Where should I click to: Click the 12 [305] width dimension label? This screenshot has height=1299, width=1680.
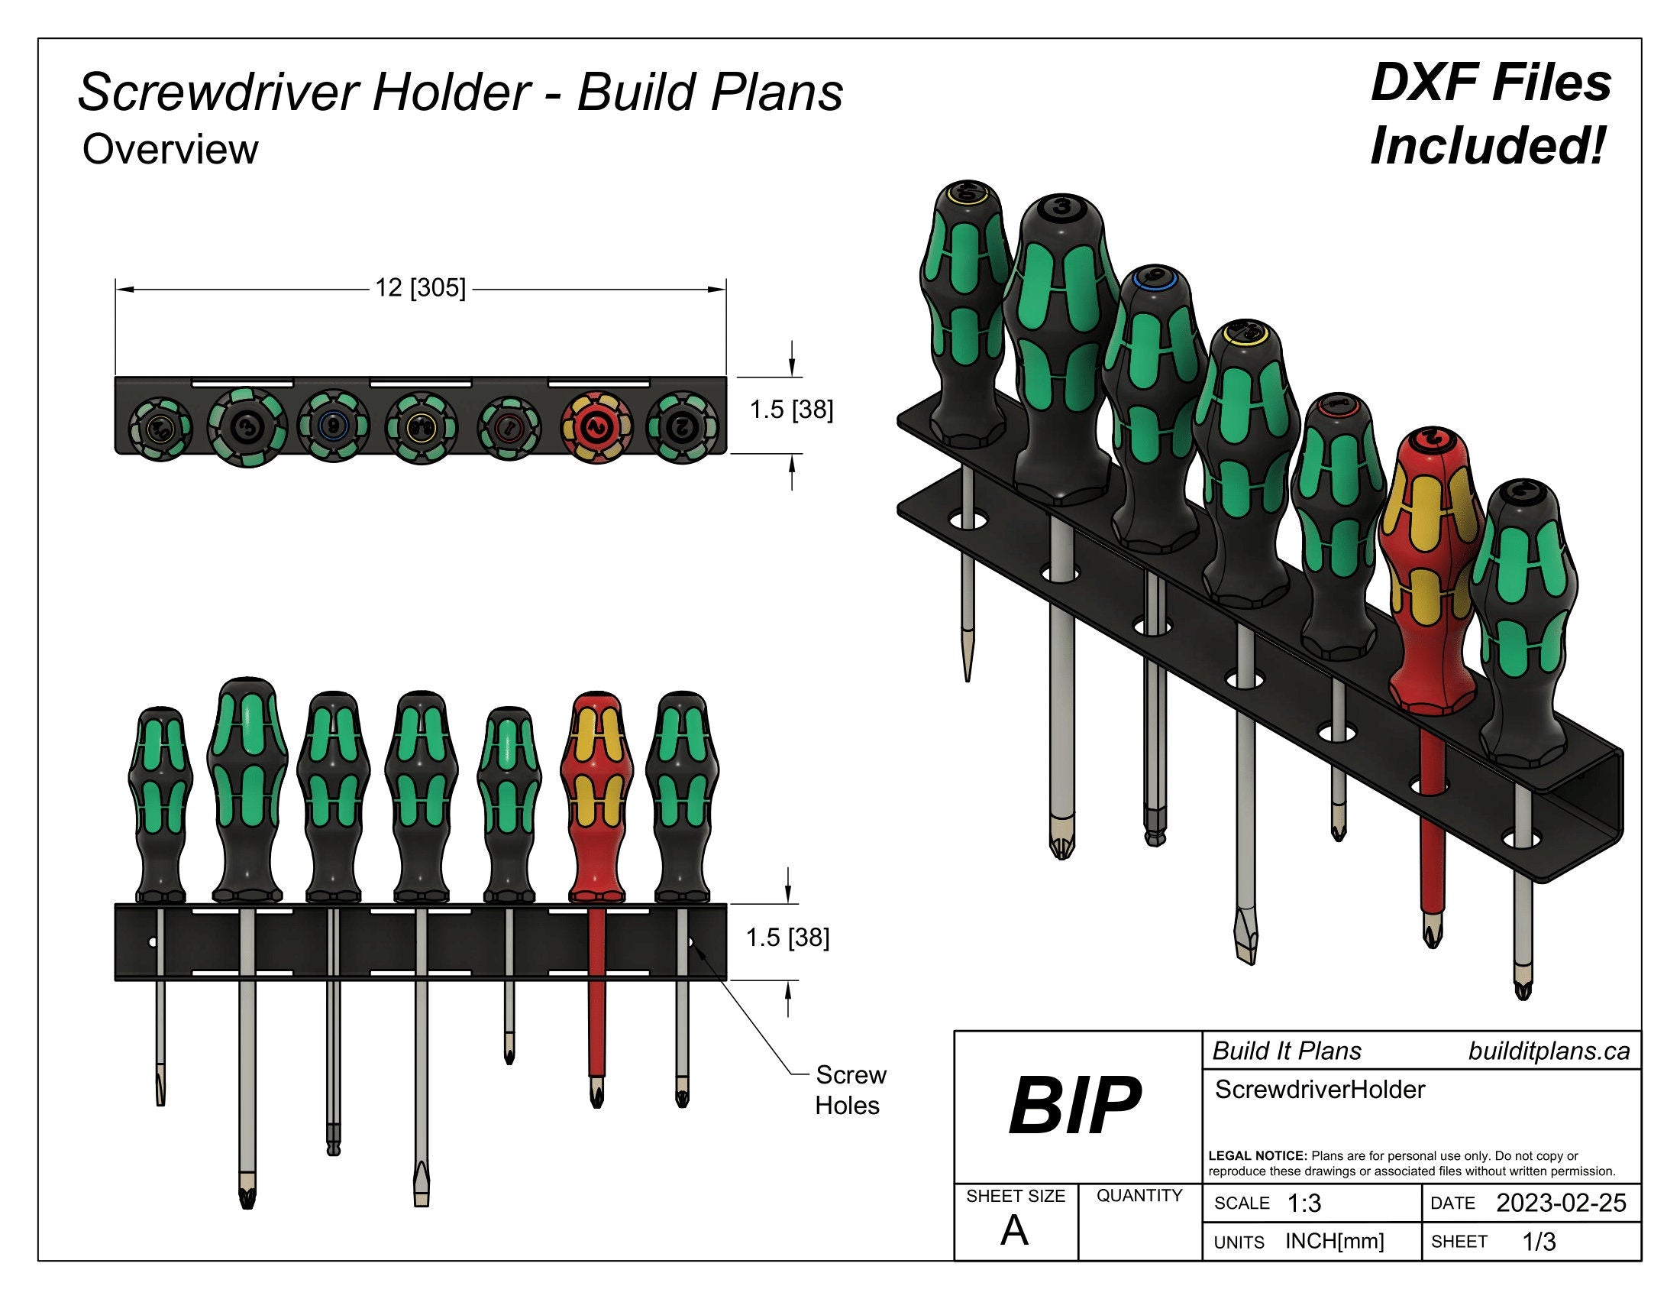click(420, 288)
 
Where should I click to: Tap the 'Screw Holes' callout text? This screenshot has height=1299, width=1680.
click(849, 1090)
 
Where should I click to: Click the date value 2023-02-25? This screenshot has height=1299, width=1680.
click(1560, 1203)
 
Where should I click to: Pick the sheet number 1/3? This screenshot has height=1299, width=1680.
click(1539, 1241)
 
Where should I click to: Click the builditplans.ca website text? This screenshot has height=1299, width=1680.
click(1549, 1051)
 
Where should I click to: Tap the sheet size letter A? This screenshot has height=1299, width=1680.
click(1014, 1231)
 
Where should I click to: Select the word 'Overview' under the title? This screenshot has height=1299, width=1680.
click(170, 149)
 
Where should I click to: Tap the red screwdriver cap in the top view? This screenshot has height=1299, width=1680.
click(596, 425)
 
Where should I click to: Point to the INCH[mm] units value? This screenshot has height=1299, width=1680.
click(1334, 1241)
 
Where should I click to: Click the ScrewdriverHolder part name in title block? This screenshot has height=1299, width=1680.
click(1320, 1090)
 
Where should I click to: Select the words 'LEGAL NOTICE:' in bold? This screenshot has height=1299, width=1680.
click(1257, 1156)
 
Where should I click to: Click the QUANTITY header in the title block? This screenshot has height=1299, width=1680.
click(1139, 1195)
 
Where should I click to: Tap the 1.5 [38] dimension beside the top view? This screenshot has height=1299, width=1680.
click(791, 410)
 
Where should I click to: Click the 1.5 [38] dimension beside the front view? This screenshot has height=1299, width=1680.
click(788, 938)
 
